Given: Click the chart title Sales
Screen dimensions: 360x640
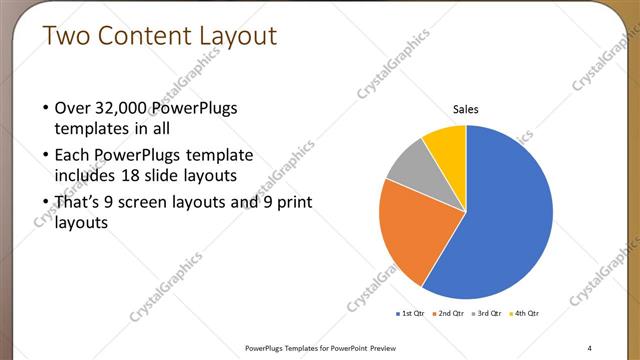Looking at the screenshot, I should coord(466,108).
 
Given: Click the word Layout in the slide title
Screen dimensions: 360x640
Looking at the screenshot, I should coord(237,36).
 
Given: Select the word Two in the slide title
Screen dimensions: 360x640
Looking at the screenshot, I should coord(68,36).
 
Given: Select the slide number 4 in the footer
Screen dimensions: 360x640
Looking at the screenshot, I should coord(589,347).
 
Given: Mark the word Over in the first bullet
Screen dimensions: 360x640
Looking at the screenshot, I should coord(72,108).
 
